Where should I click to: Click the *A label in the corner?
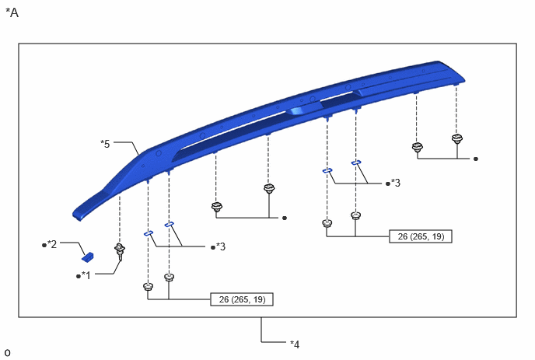(12, 12)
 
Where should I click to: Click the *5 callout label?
(105, 144)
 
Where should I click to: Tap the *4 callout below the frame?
(295, 344)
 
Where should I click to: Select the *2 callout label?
(51, 244)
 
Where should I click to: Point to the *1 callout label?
(86, 275)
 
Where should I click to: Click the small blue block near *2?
(88, 257)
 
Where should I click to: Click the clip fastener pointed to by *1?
(120, 251)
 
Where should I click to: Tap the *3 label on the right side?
(396, 183)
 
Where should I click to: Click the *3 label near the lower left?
(220, 246)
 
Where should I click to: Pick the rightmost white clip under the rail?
(457, 139)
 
